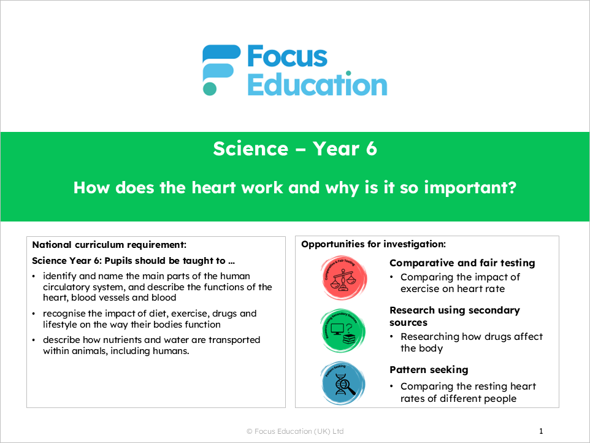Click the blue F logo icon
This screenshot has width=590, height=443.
221,70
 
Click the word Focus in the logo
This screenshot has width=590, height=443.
287,57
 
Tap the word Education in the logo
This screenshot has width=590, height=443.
317,85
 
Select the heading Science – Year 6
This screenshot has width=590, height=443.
294,148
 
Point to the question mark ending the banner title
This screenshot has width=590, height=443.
511,188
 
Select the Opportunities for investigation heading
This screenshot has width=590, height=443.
373,244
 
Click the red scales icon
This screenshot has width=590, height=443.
343,277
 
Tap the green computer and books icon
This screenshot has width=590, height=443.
343,331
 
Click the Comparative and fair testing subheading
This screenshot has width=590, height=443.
462,263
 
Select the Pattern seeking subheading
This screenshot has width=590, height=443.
429,369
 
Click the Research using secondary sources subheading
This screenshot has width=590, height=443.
454,316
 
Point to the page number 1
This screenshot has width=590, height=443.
541,431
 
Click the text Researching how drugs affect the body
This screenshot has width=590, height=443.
471,342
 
